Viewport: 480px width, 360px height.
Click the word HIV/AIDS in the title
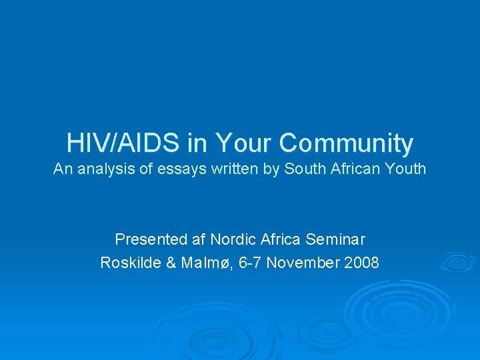(x=123, y=143)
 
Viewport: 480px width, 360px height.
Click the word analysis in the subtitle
(x=106, y=169)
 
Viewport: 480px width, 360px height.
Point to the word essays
(x=181, y=170)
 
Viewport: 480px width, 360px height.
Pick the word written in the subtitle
(x=235, y=169)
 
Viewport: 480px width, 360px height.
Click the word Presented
(x=151, y=239)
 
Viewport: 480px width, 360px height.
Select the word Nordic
(x=233, y=239)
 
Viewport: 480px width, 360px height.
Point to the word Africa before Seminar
(x=280, y=239)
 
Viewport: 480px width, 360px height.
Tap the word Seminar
(x=335, y=239)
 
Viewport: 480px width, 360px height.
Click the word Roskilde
(x=131, y=263)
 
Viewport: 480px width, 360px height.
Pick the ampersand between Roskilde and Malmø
(x=171, y=263)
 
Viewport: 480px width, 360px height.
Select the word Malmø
(x=205, y=263)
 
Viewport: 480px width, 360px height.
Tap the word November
(x=303, y=263)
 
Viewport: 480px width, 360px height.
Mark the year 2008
(x=361, y=263)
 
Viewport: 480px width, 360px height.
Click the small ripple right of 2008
(x=457, y=262)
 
